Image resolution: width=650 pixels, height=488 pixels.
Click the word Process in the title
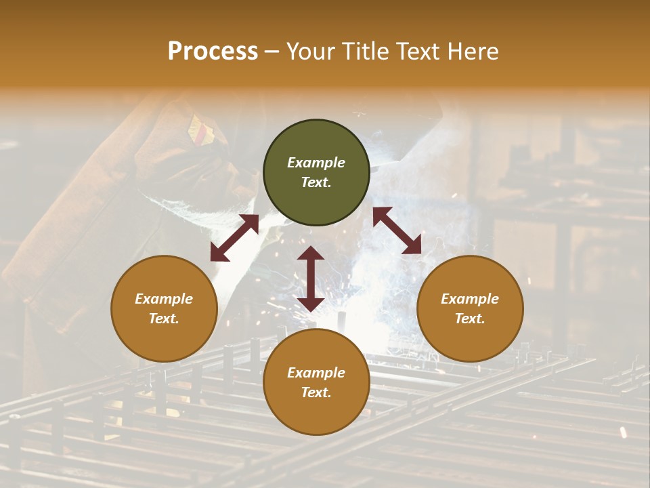[213, 52]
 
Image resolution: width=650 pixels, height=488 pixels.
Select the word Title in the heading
[369, 52]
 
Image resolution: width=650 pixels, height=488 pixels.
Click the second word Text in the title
[420, 52]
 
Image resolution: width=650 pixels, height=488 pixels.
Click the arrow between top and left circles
[234, 238]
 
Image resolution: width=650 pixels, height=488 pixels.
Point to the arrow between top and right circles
[397, 231]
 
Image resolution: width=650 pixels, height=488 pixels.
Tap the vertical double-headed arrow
[311, 279]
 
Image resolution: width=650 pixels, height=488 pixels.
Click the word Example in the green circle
[316, 163]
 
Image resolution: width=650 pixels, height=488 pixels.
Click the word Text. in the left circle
[164, 319]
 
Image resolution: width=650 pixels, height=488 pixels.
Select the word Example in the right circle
[470, 299]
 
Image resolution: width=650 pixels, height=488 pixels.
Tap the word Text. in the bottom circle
[316, 392]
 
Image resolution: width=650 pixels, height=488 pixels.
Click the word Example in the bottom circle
[316, 373]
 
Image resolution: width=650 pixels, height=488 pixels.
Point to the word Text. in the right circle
[470, 319]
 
